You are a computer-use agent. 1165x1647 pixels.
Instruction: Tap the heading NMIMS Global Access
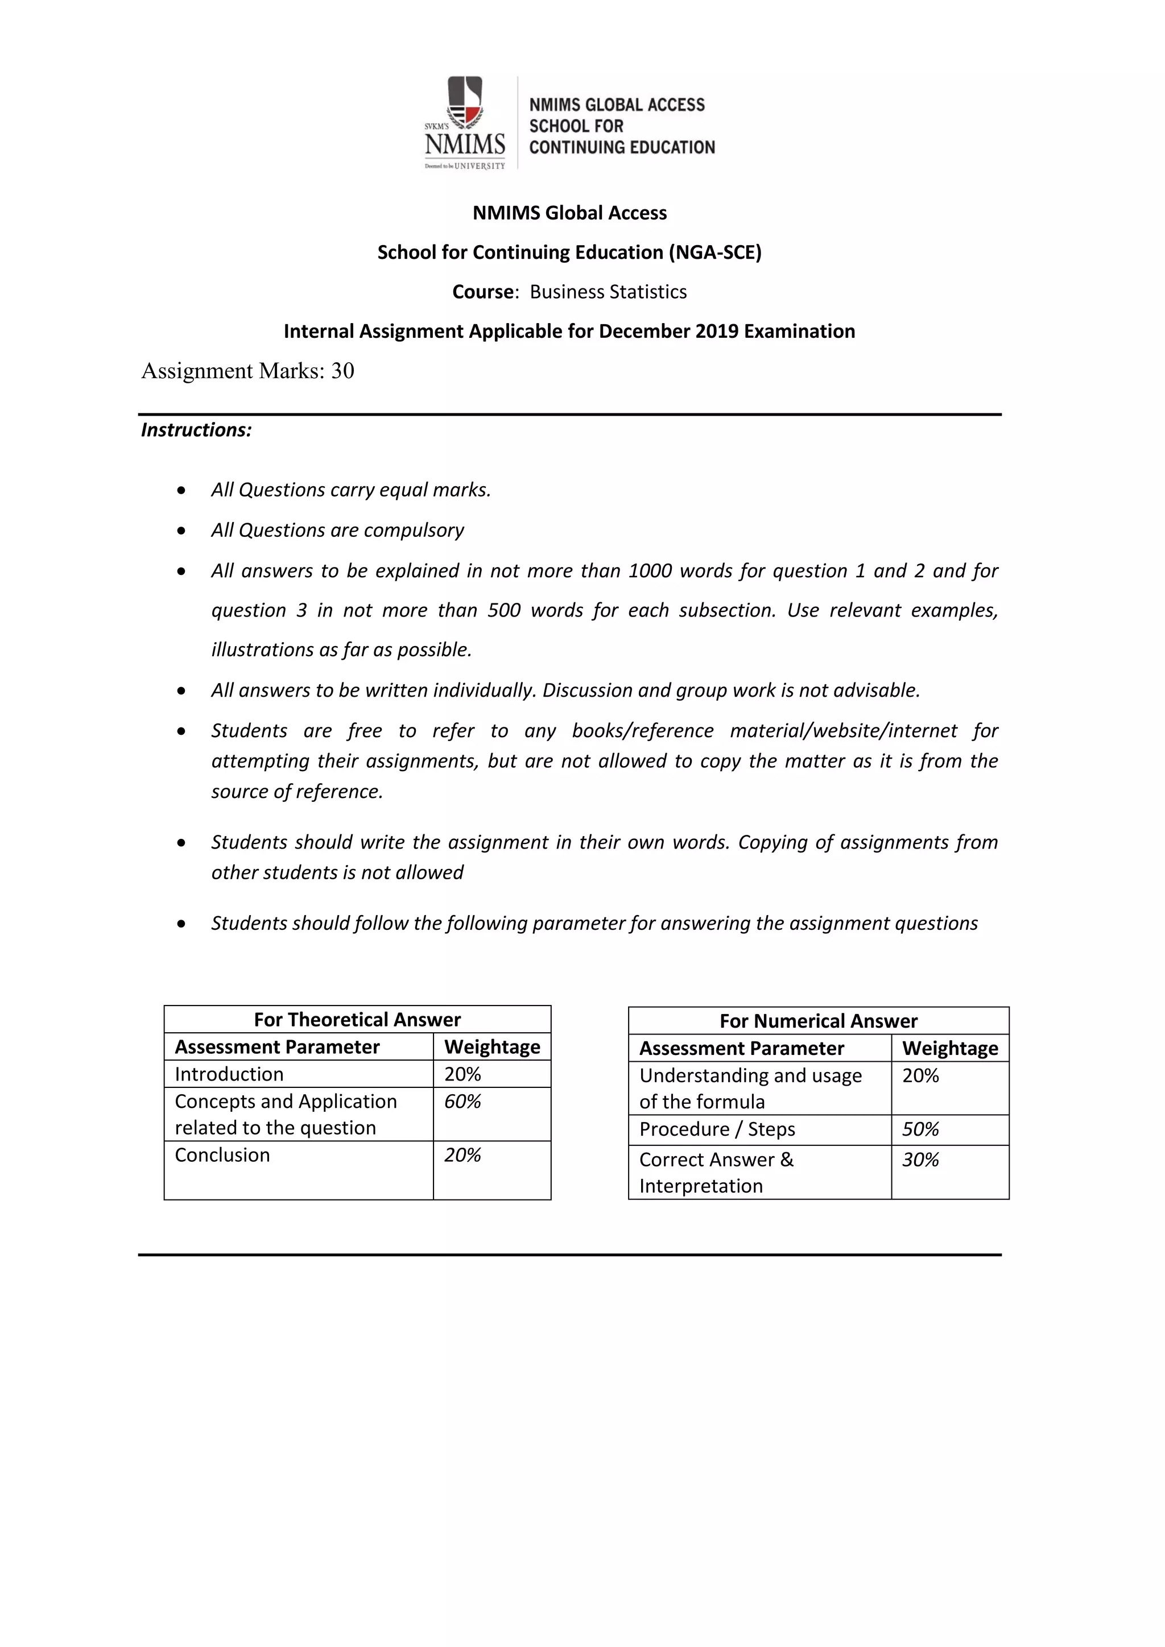coord(569,213)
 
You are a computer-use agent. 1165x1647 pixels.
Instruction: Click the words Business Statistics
coord(608,292)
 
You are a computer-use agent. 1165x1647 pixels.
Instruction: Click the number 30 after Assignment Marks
coord(342,371)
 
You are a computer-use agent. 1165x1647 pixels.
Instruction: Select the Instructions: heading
coord(196,430)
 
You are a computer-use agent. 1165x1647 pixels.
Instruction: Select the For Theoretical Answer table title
coord(357,1019)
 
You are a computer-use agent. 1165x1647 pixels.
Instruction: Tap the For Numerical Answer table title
coord(819,1021)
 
